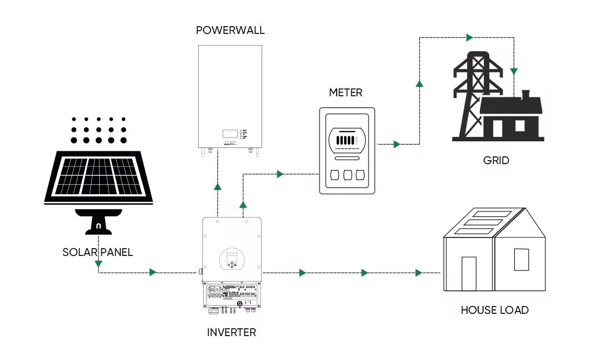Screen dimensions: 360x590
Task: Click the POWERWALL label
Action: [230, 30]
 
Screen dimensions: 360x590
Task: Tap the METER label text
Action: [345, 92]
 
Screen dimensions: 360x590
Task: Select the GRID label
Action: [496, 161]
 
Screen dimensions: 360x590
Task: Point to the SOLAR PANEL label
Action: [98, 252]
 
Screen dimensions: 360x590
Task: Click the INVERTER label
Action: [232, 332]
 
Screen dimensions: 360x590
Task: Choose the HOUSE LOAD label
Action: [495, 310]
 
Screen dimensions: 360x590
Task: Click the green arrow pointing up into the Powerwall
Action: [217, 187]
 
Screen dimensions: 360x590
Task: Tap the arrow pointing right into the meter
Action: [280, 174]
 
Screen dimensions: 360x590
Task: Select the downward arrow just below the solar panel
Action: [99, 263]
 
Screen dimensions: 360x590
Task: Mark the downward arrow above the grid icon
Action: [514, 72]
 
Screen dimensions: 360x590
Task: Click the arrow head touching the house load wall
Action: [419, 273]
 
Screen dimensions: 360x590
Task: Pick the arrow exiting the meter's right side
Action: [396, 144]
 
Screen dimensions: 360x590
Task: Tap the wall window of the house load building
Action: [521, 259]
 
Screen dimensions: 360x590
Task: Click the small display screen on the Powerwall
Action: [229, 134]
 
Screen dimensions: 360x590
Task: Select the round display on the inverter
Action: [233, 258]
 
